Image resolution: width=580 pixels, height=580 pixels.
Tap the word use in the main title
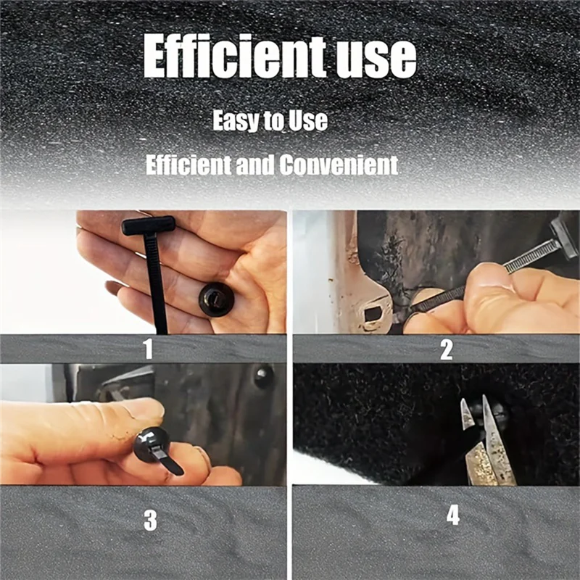(x=376, y=58)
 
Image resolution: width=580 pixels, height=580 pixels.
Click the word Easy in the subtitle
(x=236, y=120)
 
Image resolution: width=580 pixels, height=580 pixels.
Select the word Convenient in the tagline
(x=339, y=165)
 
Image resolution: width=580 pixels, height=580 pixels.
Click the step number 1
(x=149, y=349)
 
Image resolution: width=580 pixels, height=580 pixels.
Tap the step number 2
(x=446, y=349)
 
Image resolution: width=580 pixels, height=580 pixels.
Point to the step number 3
(x=150, y=521)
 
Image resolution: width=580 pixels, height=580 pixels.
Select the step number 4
(x=453, y=516)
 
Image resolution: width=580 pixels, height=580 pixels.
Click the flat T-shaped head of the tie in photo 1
(x=149, y=225)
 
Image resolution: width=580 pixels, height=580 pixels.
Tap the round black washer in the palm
(x=216, y=298)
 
